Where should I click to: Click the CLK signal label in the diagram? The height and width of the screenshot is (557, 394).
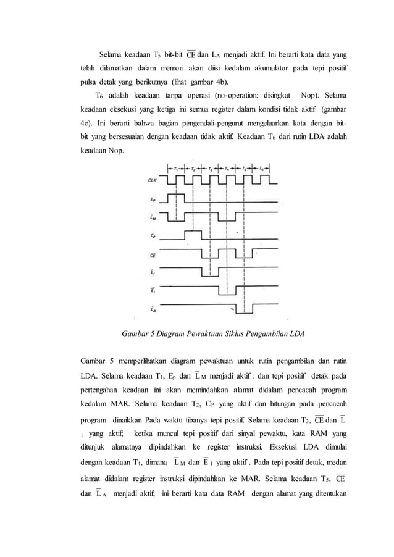tap(151, 180)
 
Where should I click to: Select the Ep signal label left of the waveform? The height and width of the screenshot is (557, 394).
tap(152, 199)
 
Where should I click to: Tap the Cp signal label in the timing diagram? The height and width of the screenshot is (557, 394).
tap(152, 235)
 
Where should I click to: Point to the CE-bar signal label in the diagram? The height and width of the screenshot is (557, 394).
tap(152, 253)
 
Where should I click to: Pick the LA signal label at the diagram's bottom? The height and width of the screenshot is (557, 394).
tap(152, 308)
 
